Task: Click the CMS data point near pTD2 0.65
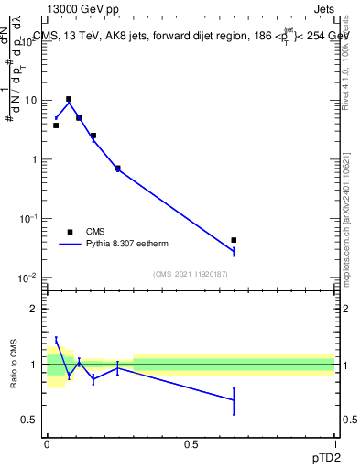[x=234, y=240]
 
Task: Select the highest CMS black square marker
[x=69, y=99]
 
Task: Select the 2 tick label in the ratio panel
[x=36, y=309]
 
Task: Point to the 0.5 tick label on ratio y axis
[x=31, y=420]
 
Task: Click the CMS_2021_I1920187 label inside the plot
[x=191, y=274]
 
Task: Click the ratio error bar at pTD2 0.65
[x=234, y=400]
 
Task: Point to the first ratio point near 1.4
[x=56, y=340]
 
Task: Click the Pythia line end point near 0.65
[x=234, y=251]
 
